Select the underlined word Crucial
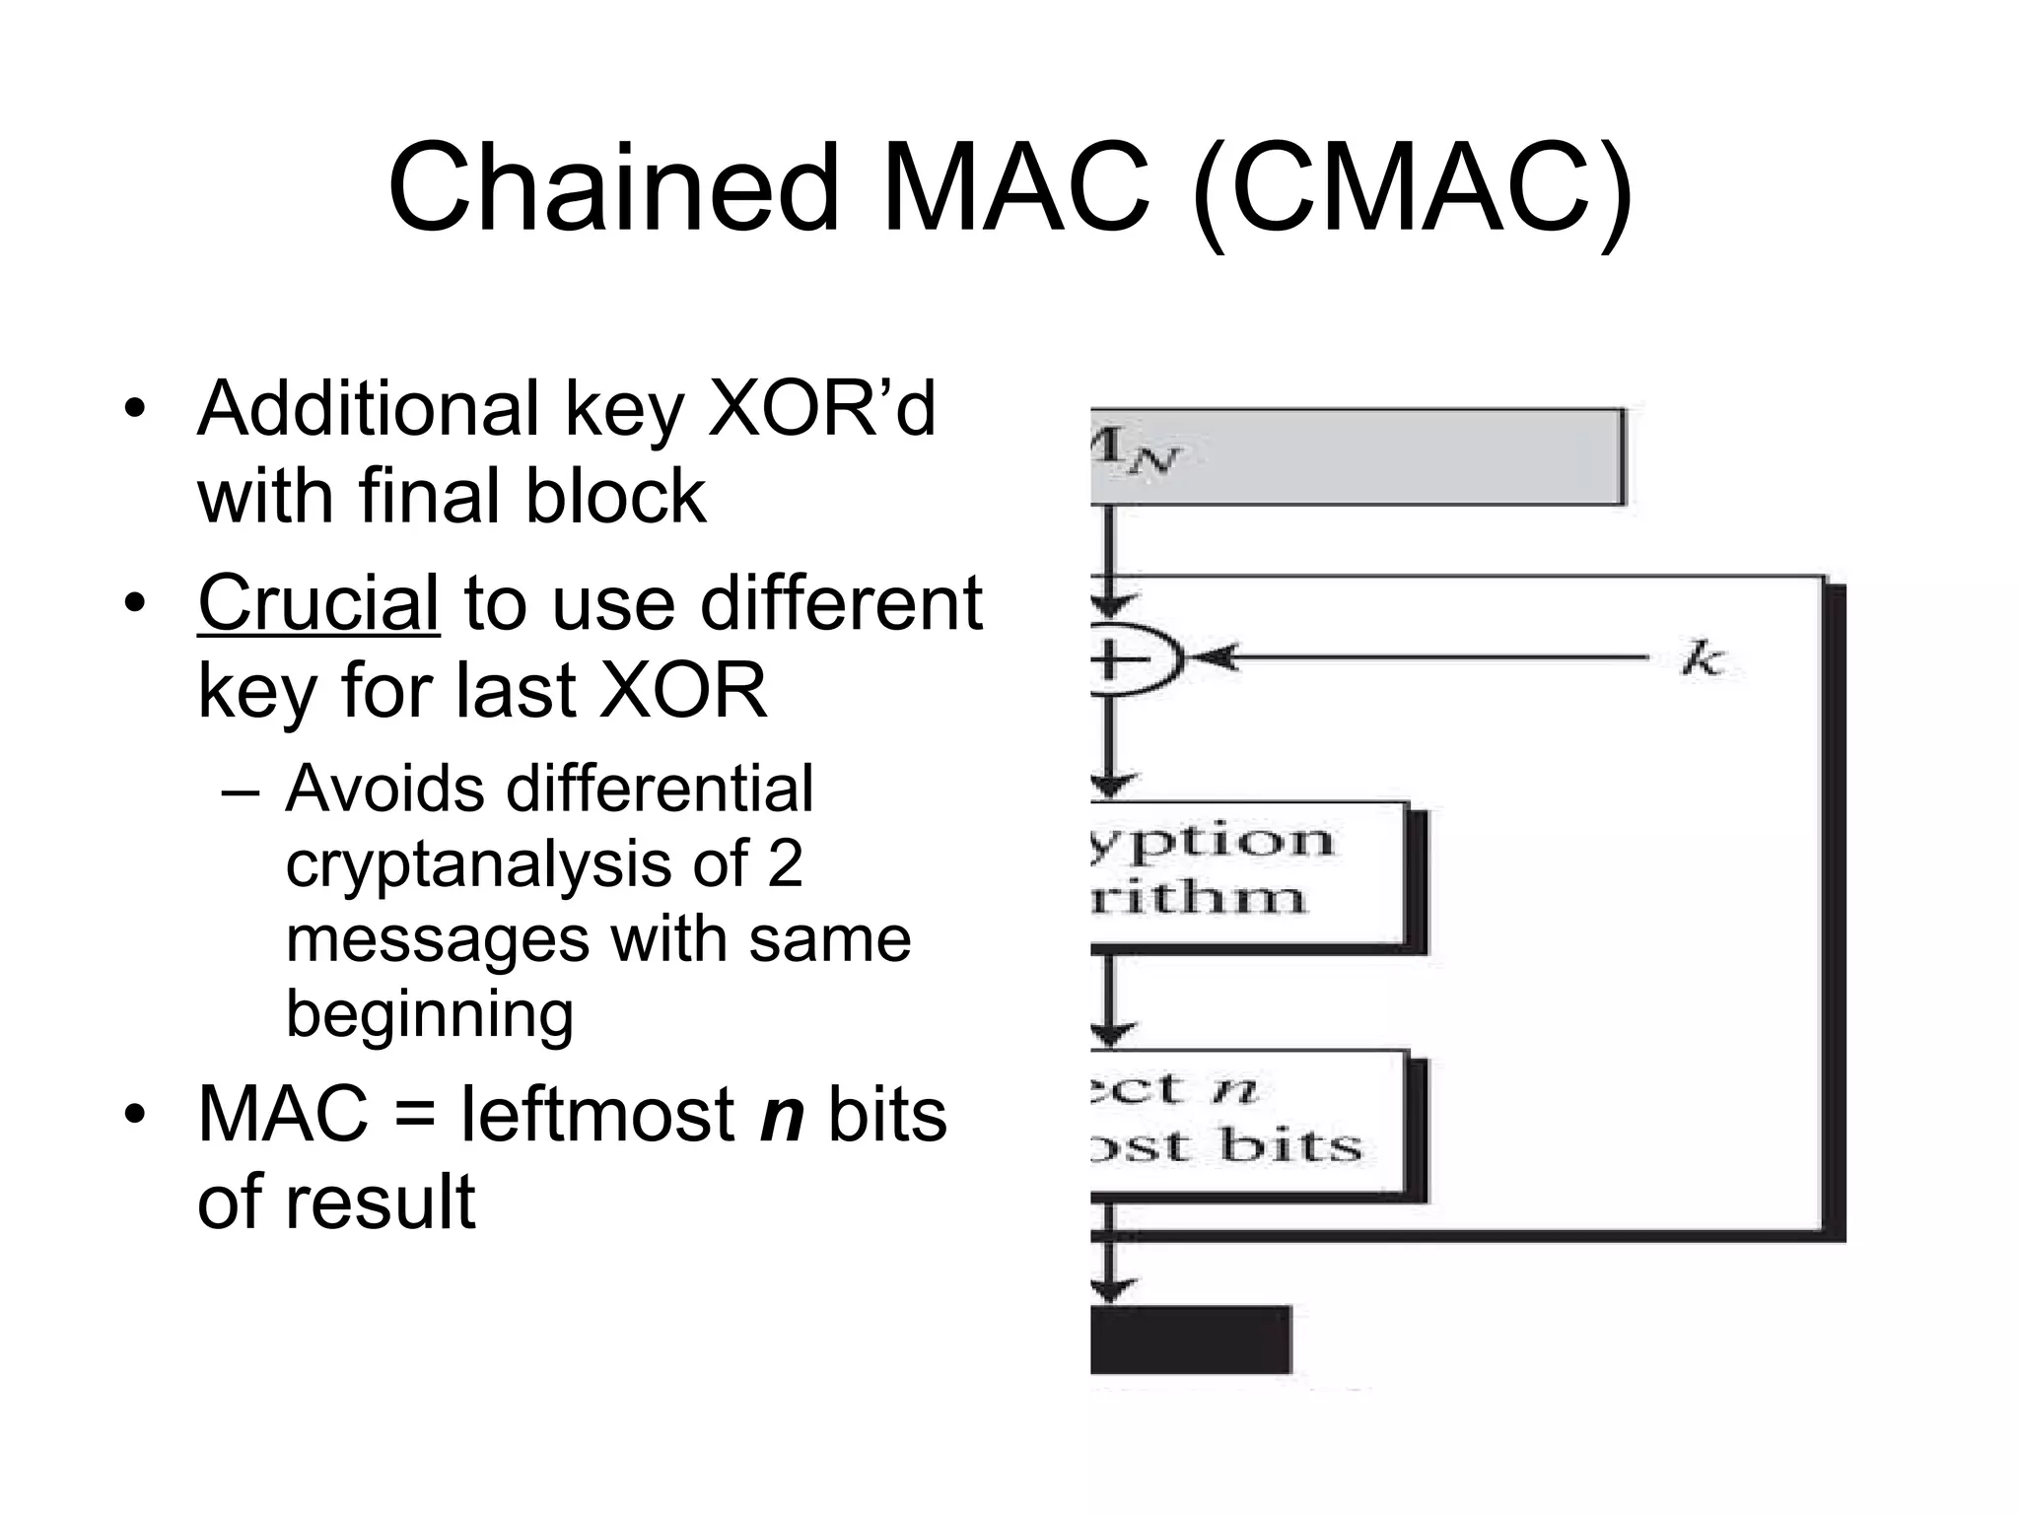318,603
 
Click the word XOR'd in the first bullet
821,408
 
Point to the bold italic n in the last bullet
782,1114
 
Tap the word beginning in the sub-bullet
430,1013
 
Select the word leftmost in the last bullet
598,1114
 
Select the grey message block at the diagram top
1356,456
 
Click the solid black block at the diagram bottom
1191,1339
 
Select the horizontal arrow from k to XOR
1420,656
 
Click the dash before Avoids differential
243,791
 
